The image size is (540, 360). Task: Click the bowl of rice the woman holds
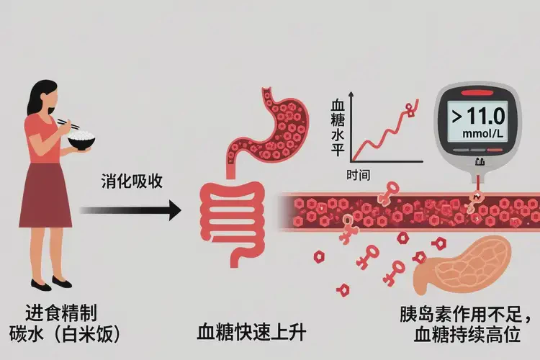[82, 140]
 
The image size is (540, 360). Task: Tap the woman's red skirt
[45, 196]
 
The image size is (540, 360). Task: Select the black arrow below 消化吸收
[130, 210]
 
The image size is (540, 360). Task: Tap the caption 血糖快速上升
[252, 333]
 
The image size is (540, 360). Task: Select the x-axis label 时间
[358, 175]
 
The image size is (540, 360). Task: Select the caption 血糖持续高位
[472, 336]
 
